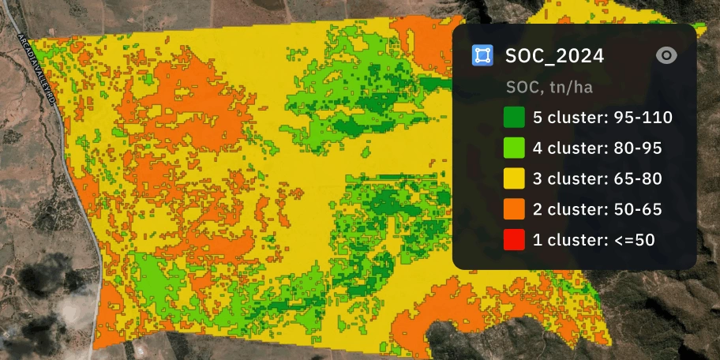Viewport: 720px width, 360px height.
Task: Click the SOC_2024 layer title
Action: tap(554, 55)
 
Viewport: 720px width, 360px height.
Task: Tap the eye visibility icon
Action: tap(667, 55)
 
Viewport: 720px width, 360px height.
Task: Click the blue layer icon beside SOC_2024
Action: tap(482, 55)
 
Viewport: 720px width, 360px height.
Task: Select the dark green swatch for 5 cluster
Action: tap(514, 118)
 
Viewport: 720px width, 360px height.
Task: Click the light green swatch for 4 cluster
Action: tap(514, 148)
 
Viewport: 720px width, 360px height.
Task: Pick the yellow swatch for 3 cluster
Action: tap(514, 179)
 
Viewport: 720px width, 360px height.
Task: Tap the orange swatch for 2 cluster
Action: tap(514, 210)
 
